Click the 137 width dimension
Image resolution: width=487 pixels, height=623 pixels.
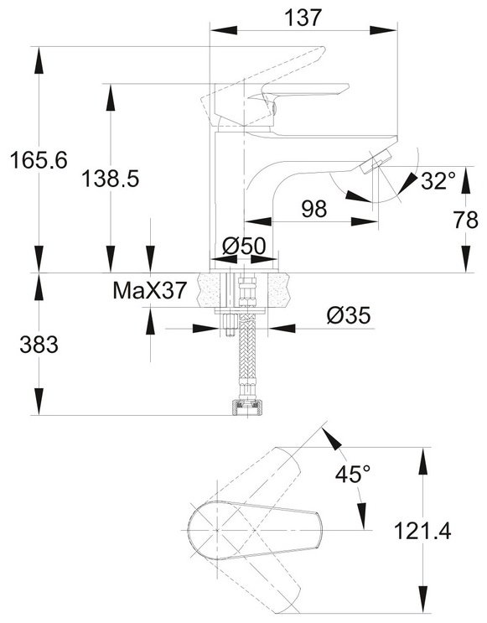[303, 18]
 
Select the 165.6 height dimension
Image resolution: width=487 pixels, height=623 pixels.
[39, 160]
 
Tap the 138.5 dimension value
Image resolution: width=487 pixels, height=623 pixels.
[111, 179]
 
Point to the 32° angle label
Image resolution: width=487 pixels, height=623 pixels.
[438, 181]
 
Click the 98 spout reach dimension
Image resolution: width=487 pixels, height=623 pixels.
[314, 209]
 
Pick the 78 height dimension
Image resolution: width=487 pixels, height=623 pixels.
[466, 220]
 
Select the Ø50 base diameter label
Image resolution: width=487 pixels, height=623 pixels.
[244, 246]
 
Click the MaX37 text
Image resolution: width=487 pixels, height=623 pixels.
[149, 290]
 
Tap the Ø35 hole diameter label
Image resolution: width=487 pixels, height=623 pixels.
[349, 315]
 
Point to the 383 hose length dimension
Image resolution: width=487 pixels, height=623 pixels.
[39, 345]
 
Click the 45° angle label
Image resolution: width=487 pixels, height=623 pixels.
[353, 474]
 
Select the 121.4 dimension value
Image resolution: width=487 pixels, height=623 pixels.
[422, 531]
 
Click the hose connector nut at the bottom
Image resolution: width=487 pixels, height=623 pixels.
[248, 408]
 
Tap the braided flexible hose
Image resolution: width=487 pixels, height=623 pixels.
[247, 350]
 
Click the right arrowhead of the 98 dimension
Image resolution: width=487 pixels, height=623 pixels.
[365, 221]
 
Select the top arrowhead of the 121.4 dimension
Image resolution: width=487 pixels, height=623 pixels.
[423, 461]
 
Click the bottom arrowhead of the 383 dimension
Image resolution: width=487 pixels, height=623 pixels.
[39, 402]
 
